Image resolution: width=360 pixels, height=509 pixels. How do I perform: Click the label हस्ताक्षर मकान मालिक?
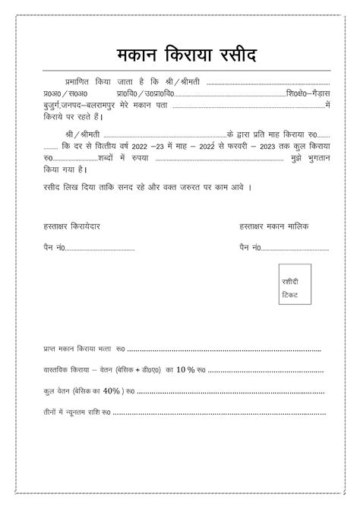pos(273,226)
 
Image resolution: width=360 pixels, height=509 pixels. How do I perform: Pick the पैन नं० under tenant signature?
pos(54,248)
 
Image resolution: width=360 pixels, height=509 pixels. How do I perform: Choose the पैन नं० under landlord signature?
pos(250,248)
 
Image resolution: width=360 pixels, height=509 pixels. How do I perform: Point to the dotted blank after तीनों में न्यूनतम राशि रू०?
pos(220,413)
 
